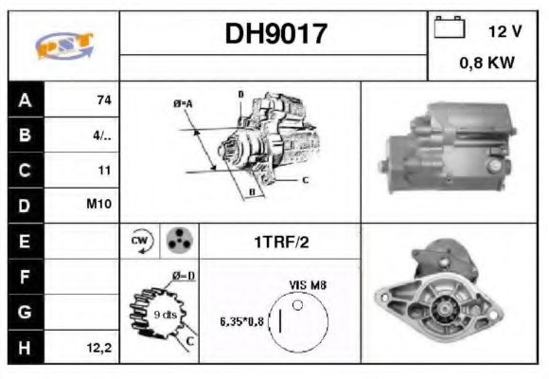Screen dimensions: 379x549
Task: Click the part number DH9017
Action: pos(275,34)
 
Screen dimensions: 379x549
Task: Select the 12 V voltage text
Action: pos(505,31)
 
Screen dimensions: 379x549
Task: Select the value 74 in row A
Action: pos(103,99)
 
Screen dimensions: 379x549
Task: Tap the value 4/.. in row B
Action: pos(102,135)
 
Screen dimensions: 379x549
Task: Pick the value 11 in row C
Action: pos(104,171)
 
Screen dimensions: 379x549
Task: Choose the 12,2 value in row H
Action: pos(100,348)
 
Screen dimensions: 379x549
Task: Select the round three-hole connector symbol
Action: pos(177,241)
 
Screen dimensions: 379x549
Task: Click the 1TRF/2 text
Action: pos(280,242)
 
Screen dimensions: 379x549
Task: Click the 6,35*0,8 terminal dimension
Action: pos(243,319)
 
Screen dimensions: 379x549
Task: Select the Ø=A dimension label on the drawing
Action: pos(183,102)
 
